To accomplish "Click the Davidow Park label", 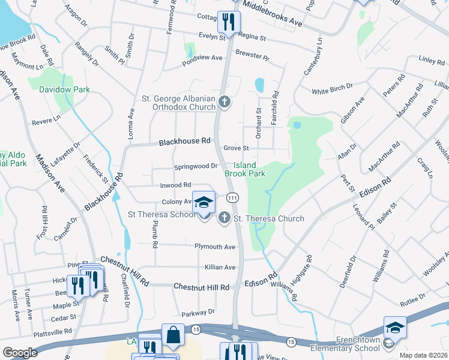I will point(64,89).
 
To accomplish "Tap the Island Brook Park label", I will point(245,169).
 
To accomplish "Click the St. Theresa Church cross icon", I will point(224,218).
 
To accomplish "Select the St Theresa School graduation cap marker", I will point(203,203).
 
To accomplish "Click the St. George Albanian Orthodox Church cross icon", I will point(224,102).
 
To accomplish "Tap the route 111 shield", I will point(232,198).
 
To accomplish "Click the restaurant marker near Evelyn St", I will point(229,23).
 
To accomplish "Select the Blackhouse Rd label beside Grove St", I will point(185,142).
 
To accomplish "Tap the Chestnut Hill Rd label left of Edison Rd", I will point(202,287).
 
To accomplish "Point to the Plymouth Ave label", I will point(215,247).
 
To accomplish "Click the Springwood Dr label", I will point(195,166).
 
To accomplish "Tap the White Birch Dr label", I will point(332,91).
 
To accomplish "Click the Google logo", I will point(20,353).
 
